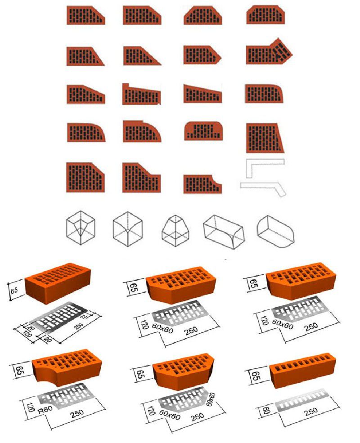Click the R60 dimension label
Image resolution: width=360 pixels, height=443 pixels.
(x=45, y=409)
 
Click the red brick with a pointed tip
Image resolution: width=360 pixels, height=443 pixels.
(x=202, y=55)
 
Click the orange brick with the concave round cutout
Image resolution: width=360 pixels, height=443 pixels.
(x=67, y=367)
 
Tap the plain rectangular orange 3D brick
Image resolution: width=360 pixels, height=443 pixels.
(x=58, y=283)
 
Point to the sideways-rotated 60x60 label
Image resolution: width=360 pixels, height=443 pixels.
(x=211, y=399)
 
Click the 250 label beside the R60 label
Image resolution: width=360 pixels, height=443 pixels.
(x=77, y=414)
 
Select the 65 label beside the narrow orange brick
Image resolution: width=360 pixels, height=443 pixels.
(x=256, y=376)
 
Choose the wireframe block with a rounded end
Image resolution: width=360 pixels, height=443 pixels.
(x=275, y=232)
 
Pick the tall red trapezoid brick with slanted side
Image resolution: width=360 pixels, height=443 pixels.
(x=265, y=138)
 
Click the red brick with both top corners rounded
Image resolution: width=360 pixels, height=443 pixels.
(x=203, y=131)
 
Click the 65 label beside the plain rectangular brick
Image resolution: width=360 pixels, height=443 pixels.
(x=14, y=291)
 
